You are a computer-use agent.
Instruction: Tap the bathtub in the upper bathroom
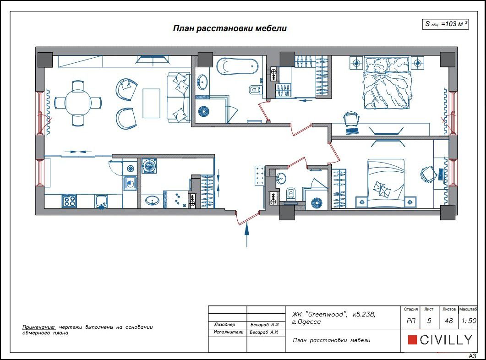click(237, 67)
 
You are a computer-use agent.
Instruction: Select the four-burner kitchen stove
click(69, 201)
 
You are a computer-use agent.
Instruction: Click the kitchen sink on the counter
click(101, 202)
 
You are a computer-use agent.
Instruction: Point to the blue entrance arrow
click(247, 235)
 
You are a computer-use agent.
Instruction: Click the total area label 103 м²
click(445, 24)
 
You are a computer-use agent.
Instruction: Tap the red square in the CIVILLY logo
click(412, 340)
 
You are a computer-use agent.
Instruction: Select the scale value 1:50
click(468, 321)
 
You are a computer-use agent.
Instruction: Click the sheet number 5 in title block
click(429, 321)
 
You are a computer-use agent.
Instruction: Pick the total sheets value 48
click(448, 321)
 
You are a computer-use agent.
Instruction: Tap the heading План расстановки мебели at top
click(229, 28)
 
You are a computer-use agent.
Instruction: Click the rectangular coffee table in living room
click(151, 103)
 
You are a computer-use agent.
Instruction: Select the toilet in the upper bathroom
click(254, 90)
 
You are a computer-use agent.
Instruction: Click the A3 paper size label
click(472, 356)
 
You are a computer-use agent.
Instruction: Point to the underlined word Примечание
click(38, 327)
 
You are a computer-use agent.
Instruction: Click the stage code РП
click(411, 321)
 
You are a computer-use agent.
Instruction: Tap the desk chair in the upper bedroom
click(351, 118)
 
